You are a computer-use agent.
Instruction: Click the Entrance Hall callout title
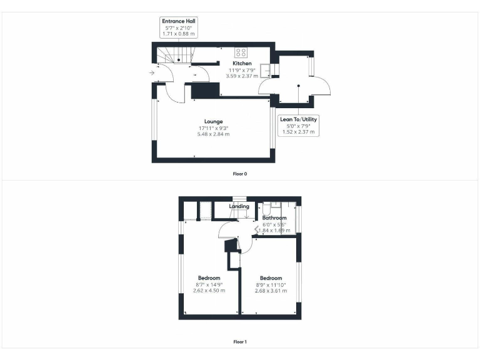coord(179,21)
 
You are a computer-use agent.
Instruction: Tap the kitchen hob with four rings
coord(241,52)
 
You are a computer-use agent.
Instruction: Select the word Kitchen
coord(242,64)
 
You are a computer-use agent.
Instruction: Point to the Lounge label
coord(213,121)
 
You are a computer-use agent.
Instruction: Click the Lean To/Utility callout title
coord(298,119)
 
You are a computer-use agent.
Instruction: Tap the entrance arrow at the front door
coord(152,73)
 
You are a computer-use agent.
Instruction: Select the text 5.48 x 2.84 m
coord(213,134)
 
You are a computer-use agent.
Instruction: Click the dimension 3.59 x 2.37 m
coord(242,77)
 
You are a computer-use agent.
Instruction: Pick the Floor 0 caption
coord(240,172)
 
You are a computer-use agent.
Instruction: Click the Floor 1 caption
coord(240,342)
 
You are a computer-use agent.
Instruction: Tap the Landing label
coord(239,206)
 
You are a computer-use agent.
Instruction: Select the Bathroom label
coord(274,218)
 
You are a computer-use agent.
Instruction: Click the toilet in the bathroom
coord(266,209)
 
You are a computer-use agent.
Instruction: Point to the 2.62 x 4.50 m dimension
coord(209,291)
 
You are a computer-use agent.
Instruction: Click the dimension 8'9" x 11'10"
coord(271,284)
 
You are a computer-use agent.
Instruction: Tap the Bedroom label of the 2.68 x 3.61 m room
coord(271,278)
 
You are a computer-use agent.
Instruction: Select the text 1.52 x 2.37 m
coord(298,132)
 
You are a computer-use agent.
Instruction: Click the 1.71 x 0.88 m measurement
coord(179,34)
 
